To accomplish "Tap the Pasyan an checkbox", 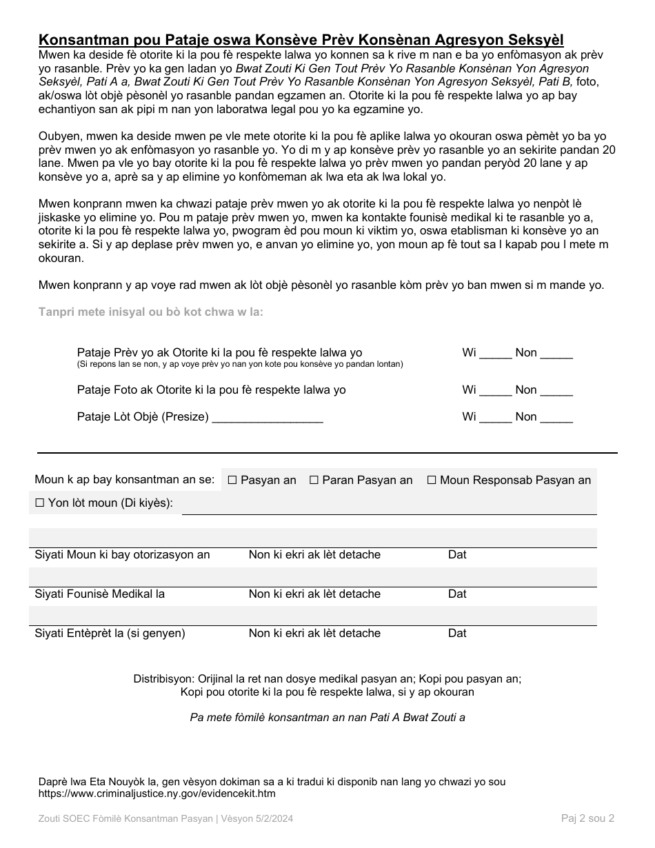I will coord(232,481).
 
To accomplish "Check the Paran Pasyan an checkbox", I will coord(314,481).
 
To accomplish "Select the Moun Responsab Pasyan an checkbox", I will coord(432,481).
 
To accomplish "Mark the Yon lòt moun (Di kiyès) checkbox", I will coord(40,503).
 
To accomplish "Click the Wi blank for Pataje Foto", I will coord(495,391).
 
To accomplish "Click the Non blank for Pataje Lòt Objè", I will coord(556,418).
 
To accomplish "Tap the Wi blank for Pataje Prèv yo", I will coord(495,354).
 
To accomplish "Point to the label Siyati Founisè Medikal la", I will coord(99,594).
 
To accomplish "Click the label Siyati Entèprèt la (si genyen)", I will coord(110,634).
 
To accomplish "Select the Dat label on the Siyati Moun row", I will coord(457,555).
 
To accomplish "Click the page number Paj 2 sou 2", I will coord(587,818).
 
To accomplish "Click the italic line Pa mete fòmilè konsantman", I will coord(327,718).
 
